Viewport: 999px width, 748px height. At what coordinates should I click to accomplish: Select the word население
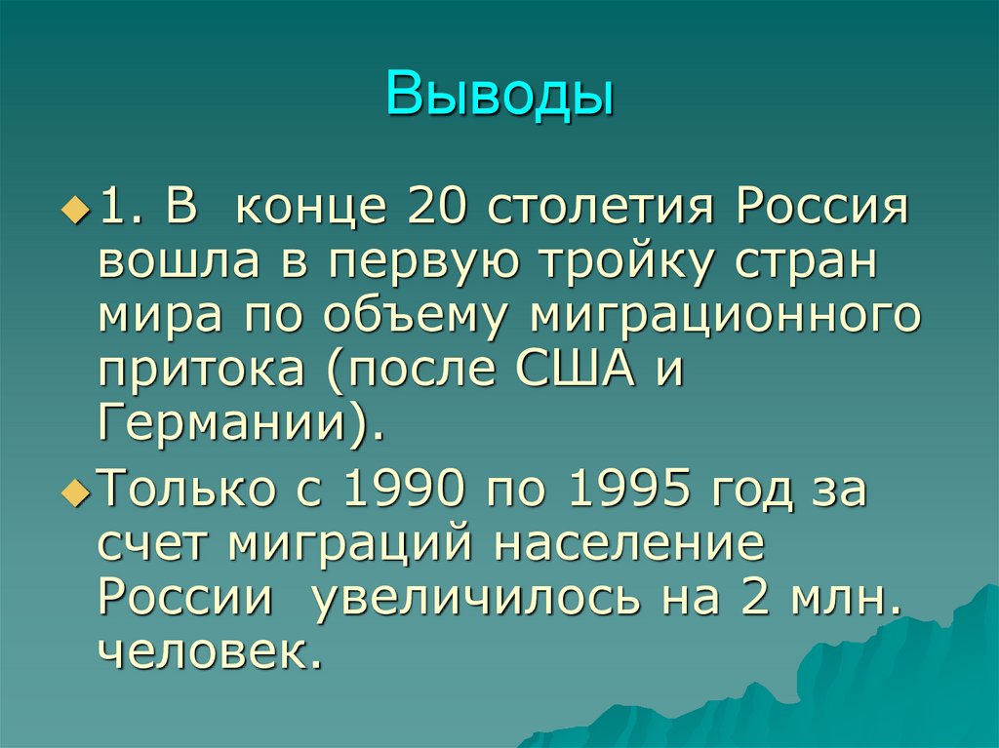629,543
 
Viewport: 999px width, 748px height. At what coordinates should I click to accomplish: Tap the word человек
210,652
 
